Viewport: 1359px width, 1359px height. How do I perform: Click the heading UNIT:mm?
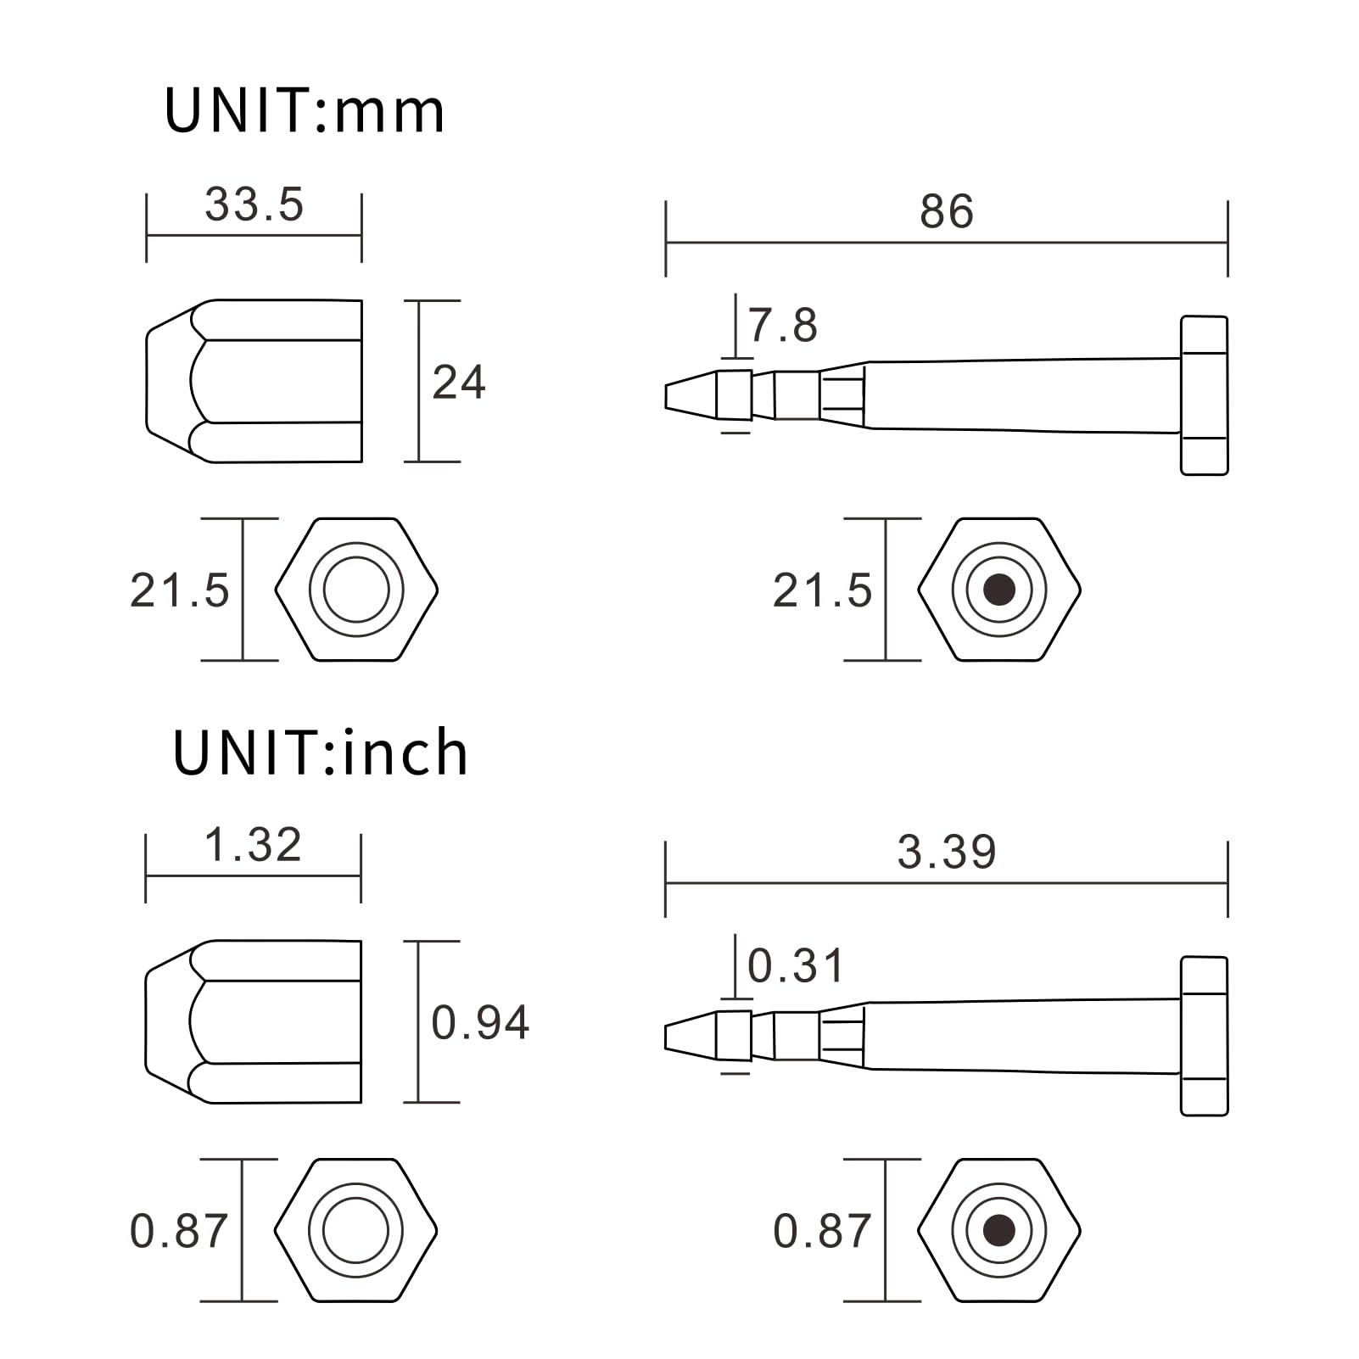click(x=304, y=111)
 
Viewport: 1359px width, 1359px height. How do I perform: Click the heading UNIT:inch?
click(x=320, y=752)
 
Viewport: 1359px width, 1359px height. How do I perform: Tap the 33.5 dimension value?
click(x=254, y=204)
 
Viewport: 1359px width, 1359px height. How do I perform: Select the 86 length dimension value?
click(x=946, y=211)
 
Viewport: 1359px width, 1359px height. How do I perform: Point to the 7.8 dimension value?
click(x=782, y=326)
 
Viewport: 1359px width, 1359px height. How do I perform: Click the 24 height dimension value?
click(x=458, y=383)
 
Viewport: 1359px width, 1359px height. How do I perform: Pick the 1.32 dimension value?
click(x=253, y=845)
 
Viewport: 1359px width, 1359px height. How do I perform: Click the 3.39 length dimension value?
click(x=946, y=852)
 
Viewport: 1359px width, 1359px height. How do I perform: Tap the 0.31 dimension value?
click(x=795, y=966)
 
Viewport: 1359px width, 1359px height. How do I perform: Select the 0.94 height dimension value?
click(x=479, y=1022)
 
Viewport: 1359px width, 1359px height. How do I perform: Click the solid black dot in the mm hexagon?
click(x=999, y=590)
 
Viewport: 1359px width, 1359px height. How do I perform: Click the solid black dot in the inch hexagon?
click(x=999, y=1230)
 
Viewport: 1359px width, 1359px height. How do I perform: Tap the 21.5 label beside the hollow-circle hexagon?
click(x=179, y=590)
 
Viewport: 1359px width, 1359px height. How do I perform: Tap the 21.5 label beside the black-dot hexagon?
click(x=821, y=590)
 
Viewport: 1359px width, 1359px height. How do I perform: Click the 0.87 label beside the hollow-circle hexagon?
click(x=178, y=1231)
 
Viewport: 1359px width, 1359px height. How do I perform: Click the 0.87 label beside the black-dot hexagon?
click(x=821, y=1231)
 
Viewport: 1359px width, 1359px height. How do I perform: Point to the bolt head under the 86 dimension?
click(x=1204, y=395)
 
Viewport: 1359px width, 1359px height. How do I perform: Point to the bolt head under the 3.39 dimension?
click(x=1204, y=1036)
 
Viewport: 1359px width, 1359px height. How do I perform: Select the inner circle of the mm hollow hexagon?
click(x=356, y=590)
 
